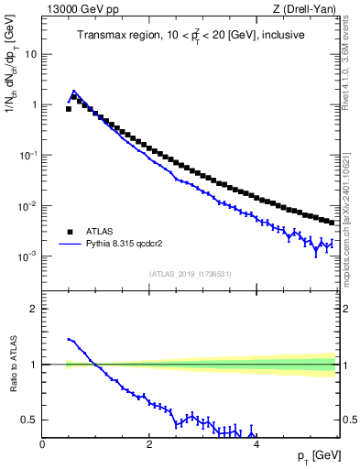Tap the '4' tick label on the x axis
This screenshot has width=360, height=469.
pyautogui.click(x=256, y=444)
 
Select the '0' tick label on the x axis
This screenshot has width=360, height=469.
pyautogui.click(x=42, y=444)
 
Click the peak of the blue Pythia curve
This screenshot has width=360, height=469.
pyautogui.click(x=73, y=91)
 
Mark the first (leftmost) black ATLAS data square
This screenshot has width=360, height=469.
pyautogui.click(x=68, y=109)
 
